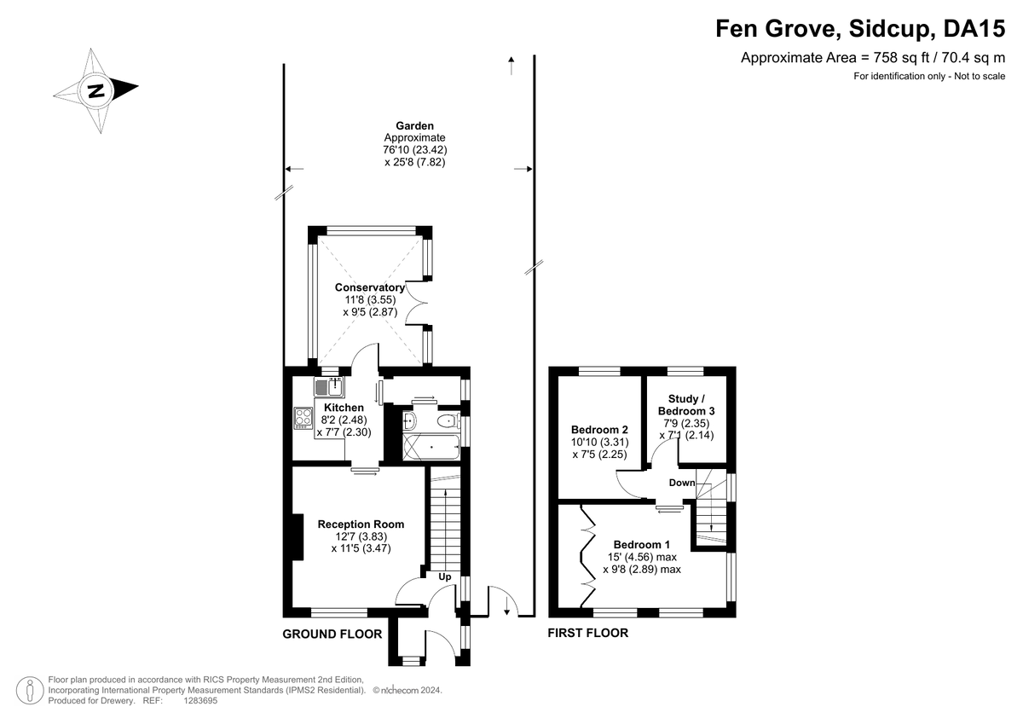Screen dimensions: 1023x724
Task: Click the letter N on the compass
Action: [x=95, y=91]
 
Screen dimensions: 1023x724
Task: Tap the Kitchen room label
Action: [x=344, y=408]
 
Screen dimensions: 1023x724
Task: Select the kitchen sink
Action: [x=329, y=386]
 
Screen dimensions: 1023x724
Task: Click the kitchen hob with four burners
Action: [x=303, y=418]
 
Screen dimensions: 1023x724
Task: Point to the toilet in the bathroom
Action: [x=448, y=420]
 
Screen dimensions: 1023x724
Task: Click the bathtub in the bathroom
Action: [x=431, y=447]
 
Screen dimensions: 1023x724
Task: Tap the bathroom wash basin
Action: [x=409, y=420]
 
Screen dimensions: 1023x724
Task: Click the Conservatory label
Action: [x=370, y=287]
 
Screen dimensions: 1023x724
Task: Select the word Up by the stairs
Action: [x=445, y=577]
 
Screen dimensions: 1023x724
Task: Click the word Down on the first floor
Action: [x=682, y=483]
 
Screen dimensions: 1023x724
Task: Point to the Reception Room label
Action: [x=361, y=524]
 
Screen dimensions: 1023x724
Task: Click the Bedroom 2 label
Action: [x=599, y=430]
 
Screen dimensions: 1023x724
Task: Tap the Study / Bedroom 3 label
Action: [x=686, y=405]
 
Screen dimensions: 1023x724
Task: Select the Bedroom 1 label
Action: [x=642, y=544]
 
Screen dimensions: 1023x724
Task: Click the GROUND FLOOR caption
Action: [x=332, y=634]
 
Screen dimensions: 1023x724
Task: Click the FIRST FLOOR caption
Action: [x=588, y=633]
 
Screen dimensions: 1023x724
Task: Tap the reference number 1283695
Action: [x=200, y=701]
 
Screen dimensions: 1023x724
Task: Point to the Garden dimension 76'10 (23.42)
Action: [x=414, y=150]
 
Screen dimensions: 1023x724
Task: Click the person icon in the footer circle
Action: [x=30, y=690]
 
